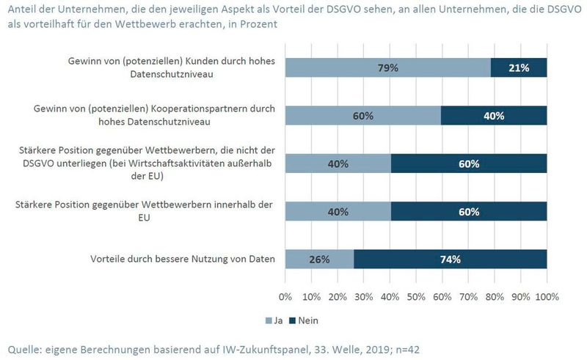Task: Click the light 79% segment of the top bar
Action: (x=387, y=67)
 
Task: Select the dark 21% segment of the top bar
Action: (x=519, y=67)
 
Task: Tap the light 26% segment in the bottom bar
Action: (x=319, y=260)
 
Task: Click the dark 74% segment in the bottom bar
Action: (x=450, y=260)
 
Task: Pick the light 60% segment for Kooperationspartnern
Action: (x=362, y=116)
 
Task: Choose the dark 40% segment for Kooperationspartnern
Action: (x=494, y=116)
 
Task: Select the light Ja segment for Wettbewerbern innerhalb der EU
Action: (x=338, y=212)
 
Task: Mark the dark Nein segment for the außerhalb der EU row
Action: (x=468, y=164)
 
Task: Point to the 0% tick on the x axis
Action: (x=285, y=298)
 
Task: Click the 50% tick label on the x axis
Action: (x=416, y=298)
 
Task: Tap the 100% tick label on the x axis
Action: (x=547, y=298)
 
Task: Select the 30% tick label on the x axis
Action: (x=364, y=298)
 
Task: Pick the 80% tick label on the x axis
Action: (x=495, y=298)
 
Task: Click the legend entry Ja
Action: (x=274, y=320)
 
